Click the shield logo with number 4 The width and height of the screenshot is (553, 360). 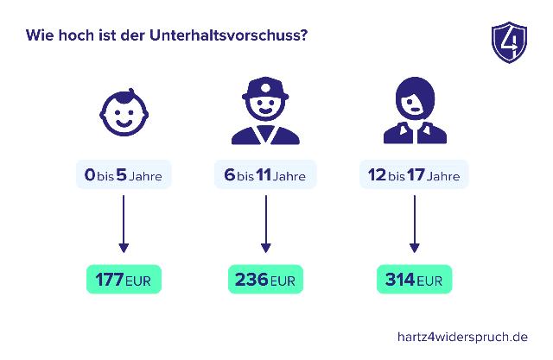point(508,41)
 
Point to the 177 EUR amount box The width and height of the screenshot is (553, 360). point(124,281)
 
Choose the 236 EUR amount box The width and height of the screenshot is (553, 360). point(265,281)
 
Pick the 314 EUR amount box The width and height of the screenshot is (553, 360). point(414,281)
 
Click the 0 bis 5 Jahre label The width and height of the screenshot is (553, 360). point(124,176)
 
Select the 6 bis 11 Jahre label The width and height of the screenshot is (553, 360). point(265,176)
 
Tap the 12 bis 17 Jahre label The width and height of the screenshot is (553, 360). point(414,176)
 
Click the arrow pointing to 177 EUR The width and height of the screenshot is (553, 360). point(124,224)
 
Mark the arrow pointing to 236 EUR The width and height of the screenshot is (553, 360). point(265,224)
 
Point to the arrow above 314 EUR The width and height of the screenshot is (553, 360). point(414,224)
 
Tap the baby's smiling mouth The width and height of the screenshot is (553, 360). point(124,126)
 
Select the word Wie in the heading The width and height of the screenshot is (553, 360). point(38,37)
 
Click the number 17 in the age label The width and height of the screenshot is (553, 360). point(416,176)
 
